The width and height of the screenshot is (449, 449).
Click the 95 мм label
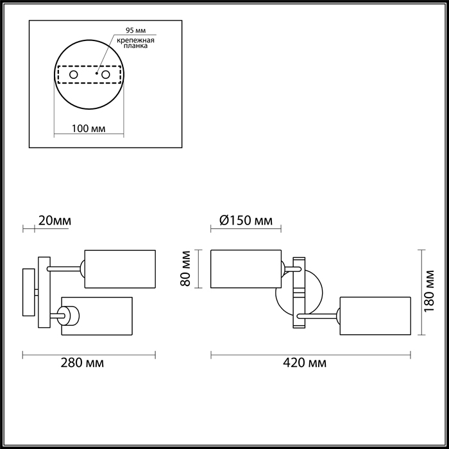pyautogui.click(x=136, y=30)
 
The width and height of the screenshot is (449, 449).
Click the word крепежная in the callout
pyautogui.click(x=135, y=40)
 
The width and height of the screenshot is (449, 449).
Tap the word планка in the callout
pyautogui.click(x=135, y=46)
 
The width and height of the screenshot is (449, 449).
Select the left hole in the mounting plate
pyautogui.click(x=74, y=75)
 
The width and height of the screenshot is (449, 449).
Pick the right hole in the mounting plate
pyautogui.click(x=106, y=75)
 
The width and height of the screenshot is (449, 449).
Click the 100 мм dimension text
pyautogui.click(x=89, y=128)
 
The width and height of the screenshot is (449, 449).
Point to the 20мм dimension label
pyautogui.click(x=55, y=221)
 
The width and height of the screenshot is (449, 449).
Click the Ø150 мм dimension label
pyautogui.click(x=246, y=221)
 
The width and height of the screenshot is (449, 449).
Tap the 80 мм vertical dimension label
pyautogui.click(x=185, y=269)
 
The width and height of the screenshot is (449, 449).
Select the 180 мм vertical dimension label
pyautogui.click(x=429, y=291)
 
